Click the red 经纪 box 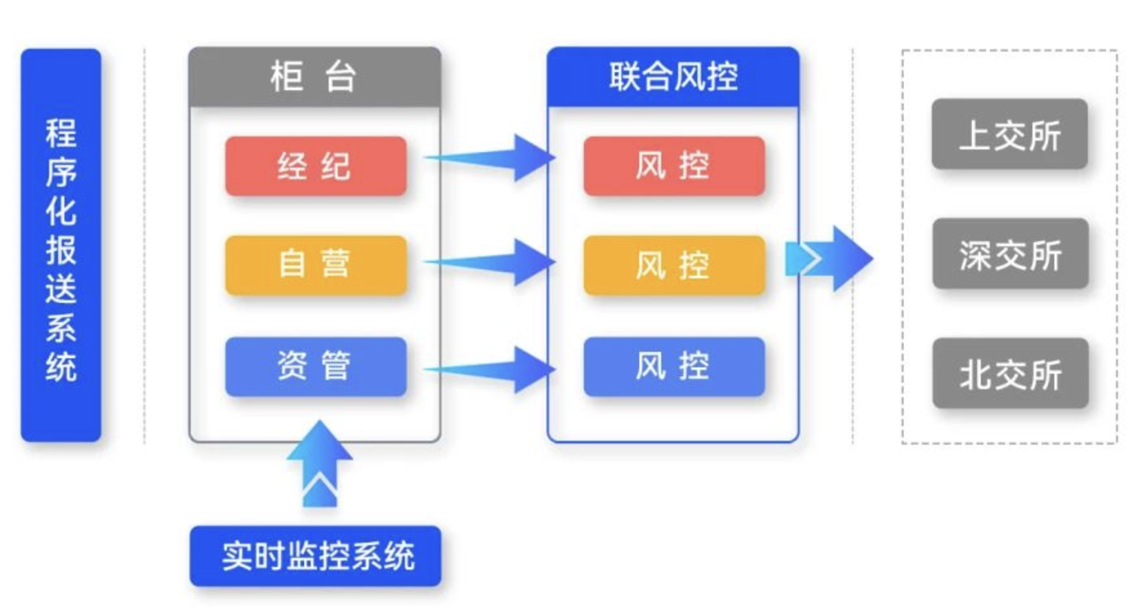pyautogui.click(x=315, y=166)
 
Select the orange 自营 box pyautogui.click(x=315, y=265)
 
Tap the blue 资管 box pyautogui.click(x=315, y=366)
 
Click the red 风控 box pyautogui.click(x=673, y=166)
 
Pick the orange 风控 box pyautogui.click(x=673, y=265)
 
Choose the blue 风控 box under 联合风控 pyautogui.click(x=673, y=366)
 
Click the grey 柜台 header pyautogui.click(x=315, y=77)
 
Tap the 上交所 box pyautogui.click(x=1009, y=135)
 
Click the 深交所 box pyautogui.click(x=1010, y=254)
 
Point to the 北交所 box pyautogui.click(x=1010, y=373)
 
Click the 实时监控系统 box pyautogui.click(x=316, y=556)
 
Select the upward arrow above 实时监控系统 pyautogui.click(x=320, y=464)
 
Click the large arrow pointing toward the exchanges pyautogui.click(x=831, y=258)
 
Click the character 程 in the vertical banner pyautogui.click(x=61, y=133)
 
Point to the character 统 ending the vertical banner pyautogui.click(x=61, y=367)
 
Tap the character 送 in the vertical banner pyautogui.click(x=61, y=289)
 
